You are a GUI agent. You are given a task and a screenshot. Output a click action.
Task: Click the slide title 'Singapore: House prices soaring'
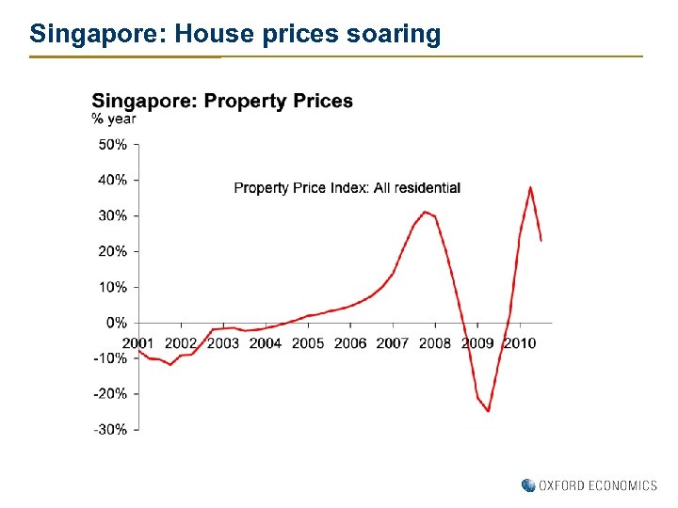click(234, 35)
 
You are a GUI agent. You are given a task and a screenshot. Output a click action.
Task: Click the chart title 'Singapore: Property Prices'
click(222, 101)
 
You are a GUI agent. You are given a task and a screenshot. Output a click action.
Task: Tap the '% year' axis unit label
click(113, 119)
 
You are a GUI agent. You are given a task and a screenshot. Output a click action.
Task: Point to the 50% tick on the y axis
click(113, 144)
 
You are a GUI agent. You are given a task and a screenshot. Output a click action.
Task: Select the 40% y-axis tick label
click(113, 180)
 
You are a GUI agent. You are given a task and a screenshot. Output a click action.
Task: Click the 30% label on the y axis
click(113, 215)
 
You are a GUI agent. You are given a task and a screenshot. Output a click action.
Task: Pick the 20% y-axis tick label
click(113, 251)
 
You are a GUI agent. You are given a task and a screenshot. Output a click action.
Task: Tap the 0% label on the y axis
click(117, 323)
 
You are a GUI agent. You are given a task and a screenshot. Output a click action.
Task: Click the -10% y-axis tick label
click(110, 358)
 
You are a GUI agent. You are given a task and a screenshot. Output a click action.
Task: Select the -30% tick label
click(110, 430)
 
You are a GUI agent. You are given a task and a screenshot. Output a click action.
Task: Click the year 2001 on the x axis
click(138, 342)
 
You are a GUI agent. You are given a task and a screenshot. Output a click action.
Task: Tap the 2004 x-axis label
click(266, 342)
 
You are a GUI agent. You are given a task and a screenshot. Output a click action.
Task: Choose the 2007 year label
click(393, 342)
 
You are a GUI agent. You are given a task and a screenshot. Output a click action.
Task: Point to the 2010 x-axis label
click(519, 342)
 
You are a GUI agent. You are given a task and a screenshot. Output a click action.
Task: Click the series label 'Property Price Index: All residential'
click(347, 188)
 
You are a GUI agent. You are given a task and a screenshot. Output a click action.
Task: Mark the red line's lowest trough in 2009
click(488, 411)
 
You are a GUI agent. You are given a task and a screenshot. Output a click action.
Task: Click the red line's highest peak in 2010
click(530, 186)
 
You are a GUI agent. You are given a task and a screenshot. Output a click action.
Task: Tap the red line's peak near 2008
click(425, 212)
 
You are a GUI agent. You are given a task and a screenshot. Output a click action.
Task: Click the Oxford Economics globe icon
click(528, 485)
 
